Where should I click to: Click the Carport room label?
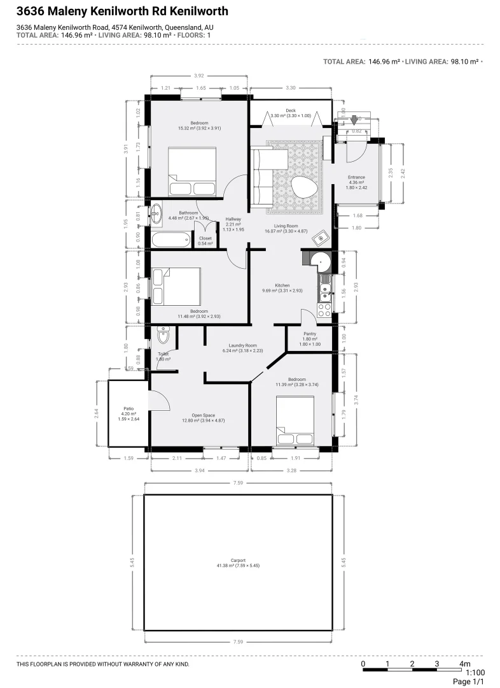coord(238,560)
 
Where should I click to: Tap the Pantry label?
coord(310,333)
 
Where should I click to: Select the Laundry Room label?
coord(242,345)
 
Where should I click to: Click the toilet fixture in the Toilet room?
coord(163,336)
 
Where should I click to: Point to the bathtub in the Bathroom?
coord(171,240)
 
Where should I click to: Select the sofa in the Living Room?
coord(262,176)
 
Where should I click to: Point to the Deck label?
coord(291,110)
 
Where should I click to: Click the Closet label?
coord(205,238)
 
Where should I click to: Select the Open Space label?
coord(198,415)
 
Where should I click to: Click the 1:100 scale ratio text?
coord(475,672)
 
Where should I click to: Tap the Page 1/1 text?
coord(468,682)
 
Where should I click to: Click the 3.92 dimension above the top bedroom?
coord(199,76)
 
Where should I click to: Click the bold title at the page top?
coord(122,11)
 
